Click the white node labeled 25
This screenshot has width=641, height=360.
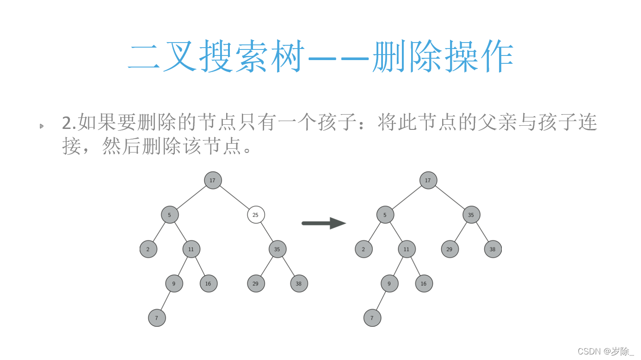[256, 215]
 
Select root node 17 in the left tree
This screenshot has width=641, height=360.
[213, 180]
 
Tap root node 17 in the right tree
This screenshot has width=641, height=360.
[428, 180]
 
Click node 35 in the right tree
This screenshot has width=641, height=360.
[471, 215]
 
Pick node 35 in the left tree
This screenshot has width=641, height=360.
[277, 249]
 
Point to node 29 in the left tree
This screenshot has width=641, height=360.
[256, 283]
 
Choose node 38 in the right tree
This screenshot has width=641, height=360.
[493, 249]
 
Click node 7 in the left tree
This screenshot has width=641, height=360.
[157, 318]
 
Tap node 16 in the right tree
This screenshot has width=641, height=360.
[424, 283]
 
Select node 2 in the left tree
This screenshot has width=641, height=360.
[148, 249]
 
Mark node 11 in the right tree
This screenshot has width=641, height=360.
[407, 249]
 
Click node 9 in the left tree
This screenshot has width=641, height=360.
[174, 283]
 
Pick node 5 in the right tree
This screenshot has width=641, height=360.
[385, 215]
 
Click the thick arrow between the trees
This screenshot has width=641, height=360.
[323, 223]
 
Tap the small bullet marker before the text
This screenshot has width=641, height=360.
[42, 126]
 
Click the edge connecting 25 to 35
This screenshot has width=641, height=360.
[267, 232]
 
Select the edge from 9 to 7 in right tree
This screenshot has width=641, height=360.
[381, 301]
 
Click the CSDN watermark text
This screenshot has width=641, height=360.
[606, 351]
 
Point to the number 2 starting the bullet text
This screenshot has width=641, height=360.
[67, 123]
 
